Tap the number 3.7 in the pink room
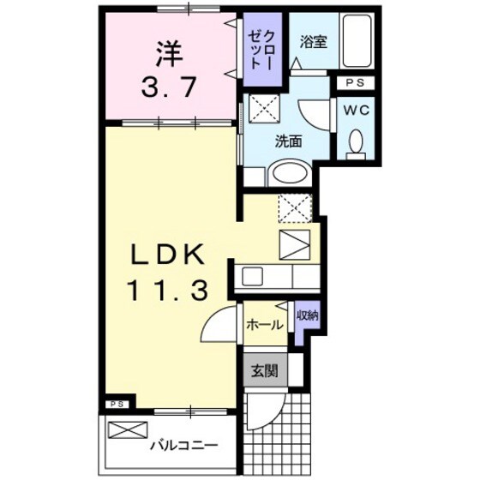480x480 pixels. (170, 86)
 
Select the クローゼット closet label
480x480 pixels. (261, 51)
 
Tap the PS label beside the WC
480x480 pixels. (355, 84)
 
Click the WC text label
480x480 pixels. (356, 111)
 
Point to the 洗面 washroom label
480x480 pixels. (287, 141)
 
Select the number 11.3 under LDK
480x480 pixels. (167, 292)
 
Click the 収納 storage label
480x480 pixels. (306, 315)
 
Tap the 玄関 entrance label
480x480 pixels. (263, 371)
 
